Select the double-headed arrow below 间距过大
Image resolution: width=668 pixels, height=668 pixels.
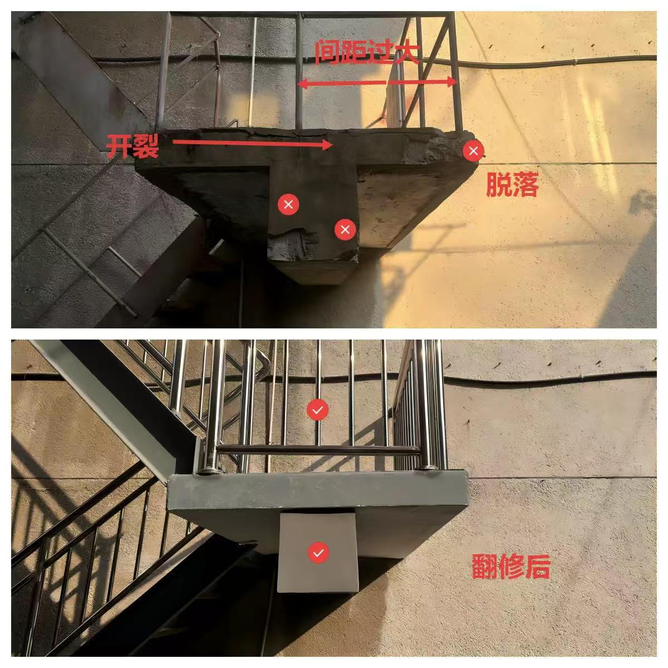pos(377,82)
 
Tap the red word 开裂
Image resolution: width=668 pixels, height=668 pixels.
pos(132,146)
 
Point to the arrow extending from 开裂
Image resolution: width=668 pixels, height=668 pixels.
pos(253,144)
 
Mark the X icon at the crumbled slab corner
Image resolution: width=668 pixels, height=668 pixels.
pos(473,151)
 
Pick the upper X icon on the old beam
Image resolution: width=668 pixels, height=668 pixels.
pos(288,204)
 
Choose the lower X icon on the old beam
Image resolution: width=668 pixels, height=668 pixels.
pos(345,229)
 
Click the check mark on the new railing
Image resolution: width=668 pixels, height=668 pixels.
pos(317,409)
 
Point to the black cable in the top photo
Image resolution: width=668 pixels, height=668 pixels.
pos(541,62)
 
